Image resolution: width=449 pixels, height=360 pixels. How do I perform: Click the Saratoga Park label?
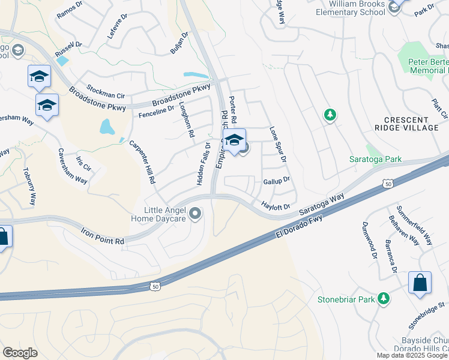(375, 159)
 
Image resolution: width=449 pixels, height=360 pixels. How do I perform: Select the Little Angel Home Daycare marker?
(195, 214)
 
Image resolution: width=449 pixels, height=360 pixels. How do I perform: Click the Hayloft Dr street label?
(276, 206)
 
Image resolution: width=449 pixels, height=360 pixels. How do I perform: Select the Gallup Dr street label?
(276, 179)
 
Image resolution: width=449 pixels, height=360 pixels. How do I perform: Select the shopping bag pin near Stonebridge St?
(420, 283)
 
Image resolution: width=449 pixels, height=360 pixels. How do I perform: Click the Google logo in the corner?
(20, 353)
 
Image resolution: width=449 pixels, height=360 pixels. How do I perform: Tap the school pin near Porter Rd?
(235, 141)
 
